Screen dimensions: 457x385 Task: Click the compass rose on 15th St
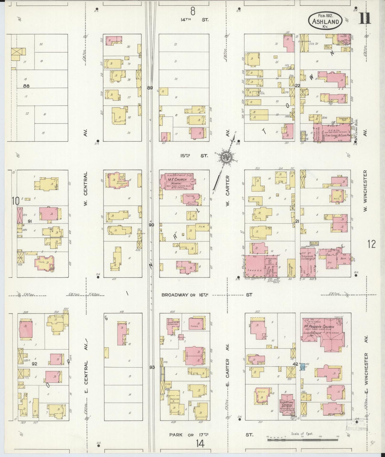(225, 157)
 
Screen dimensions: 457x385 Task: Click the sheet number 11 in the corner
(364, 19)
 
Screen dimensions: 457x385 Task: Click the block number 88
(26, 86)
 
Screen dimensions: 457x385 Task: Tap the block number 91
(30, 221)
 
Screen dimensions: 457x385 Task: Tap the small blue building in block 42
(302, 366)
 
